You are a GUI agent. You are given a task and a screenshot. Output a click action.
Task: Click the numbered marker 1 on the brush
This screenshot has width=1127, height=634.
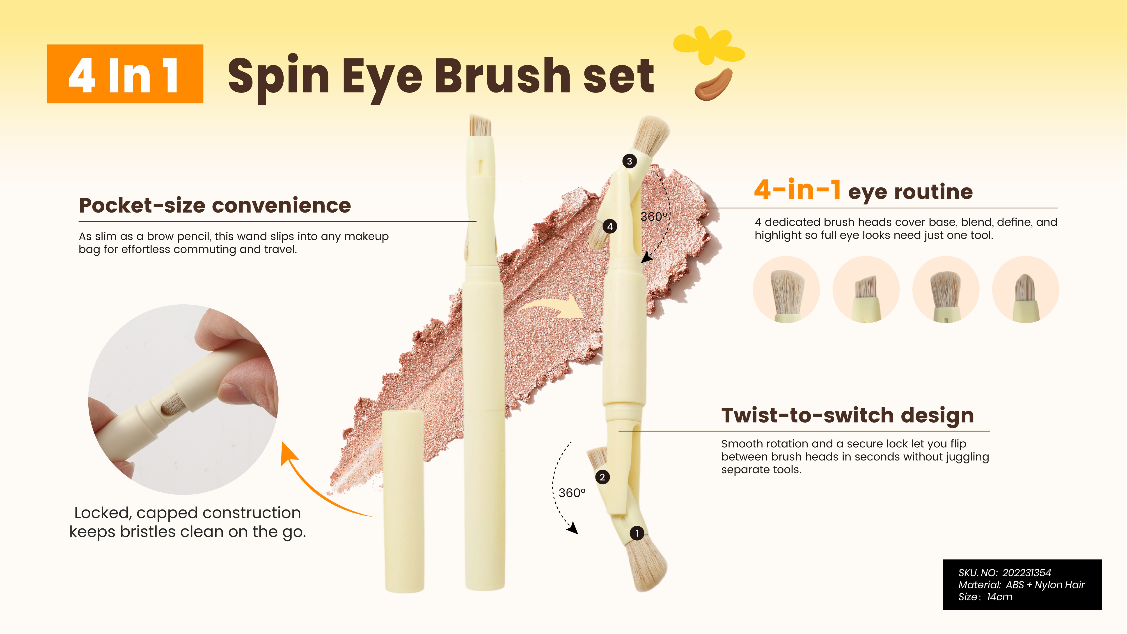[637, 533]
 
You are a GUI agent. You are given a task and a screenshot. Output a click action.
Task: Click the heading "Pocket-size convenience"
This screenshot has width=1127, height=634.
[215, 205]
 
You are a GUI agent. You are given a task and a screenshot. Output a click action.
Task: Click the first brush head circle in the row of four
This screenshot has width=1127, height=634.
[786, 290]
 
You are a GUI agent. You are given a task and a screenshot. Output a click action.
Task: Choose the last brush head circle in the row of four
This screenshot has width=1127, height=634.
[1026, 290]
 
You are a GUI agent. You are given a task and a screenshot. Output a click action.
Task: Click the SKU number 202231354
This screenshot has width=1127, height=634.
[1026, 573]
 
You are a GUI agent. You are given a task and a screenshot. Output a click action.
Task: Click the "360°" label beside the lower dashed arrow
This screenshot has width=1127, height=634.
[572, 493]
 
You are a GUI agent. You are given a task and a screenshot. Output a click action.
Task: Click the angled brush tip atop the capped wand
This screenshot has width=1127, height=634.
[480, 126]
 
